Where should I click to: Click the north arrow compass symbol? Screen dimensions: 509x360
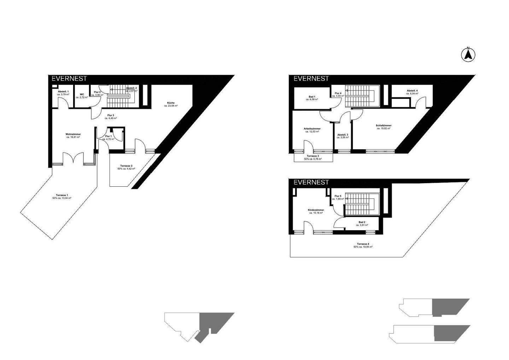[468, 54]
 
